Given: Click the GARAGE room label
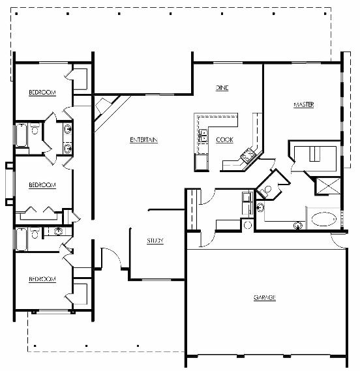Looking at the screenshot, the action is pos(265,297).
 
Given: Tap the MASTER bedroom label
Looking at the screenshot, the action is pos(304,104).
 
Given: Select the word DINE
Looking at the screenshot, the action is pos(222,88).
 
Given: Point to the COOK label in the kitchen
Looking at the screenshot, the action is pos(224,140).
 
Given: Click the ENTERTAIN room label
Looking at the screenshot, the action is pos(143,140).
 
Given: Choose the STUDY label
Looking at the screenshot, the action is pos(155,241).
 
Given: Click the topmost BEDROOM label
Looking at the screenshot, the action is pos(42,93).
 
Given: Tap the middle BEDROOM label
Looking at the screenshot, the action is pos(42,185).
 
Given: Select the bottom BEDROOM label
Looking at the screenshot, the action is pos(42,279).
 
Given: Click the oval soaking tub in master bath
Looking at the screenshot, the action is pos(323,219).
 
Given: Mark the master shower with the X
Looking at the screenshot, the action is pos(328,186).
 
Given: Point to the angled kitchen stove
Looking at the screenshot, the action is pos(248,155).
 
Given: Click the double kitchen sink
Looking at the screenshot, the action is pos(203,136).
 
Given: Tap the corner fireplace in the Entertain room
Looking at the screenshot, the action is pos(106,108).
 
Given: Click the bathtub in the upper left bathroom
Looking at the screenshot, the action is pos(22,135).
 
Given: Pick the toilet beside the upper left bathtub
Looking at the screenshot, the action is pos(35,128).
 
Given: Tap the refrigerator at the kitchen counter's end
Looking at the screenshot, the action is pos(202,162).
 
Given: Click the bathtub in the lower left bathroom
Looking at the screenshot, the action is pos(22,239).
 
